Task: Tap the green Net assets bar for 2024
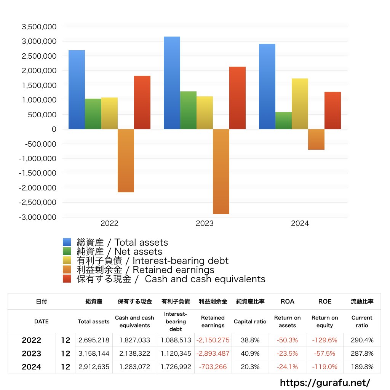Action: [283, 120]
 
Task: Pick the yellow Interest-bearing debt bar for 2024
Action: [300, 104]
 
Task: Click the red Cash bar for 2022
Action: [142, 102]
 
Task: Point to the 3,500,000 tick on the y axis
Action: [39, 27]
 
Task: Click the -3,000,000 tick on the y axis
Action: [38, 217]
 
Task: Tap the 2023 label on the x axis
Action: [205, 224]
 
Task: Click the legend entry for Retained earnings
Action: [145, 270]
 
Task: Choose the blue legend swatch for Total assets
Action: [67, 242]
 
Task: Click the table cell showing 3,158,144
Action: [94, 353]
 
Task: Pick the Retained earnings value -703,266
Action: [213, 367]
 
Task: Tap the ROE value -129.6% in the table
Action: [324, 340]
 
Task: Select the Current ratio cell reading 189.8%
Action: [362, 367]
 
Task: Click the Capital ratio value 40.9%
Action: [250, 353]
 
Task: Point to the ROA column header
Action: [287, 301]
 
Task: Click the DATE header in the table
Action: [41, 321]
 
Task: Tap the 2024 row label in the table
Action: [31, 367]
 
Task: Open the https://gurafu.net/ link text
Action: [325, 382]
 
